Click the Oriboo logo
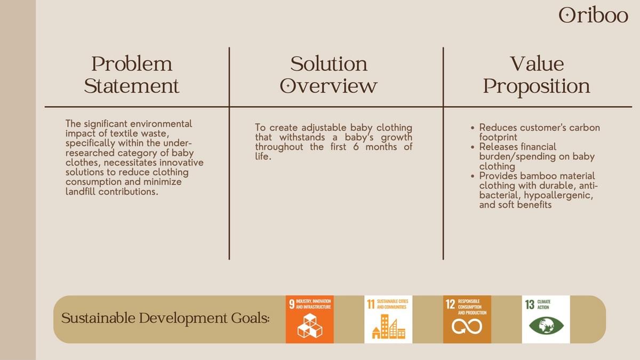coord(593,15)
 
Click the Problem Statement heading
coord(132,75)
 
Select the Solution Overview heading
coord(329,75)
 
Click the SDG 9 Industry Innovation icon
coord(310,319)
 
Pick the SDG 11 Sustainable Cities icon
coord(388,319)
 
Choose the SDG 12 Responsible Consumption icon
coord(467,319)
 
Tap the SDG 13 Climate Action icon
coord(546,319)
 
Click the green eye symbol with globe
coord(546,326)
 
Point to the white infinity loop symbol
coord(467,326)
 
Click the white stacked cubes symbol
coord(310,326)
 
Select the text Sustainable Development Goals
coord(165,318)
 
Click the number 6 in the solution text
coord(356,147)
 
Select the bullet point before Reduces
coord(473,128)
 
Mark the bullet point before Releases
coord(473,147)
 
